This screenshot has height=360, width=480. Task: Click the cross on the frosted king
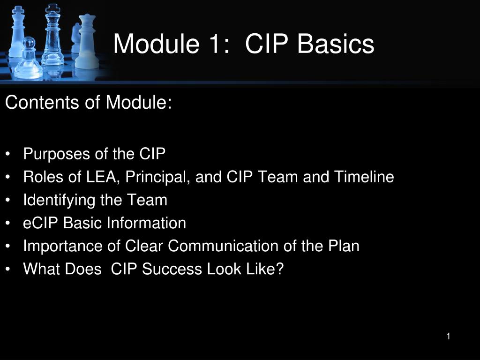coord(17,9)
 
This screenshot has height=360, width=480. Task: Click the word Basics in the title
coord(336,44)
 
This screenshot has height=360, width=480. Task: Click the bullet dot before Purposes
coord(9,154)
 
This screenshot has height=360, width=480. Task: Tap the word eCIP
coord(41,223)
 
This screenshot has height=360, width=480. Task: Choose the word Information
coord(146,223)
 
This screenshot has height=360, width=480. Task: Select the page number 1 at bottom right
coord(448,336)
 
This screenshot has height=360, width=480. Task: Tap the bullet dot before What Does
coord(9,270)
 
